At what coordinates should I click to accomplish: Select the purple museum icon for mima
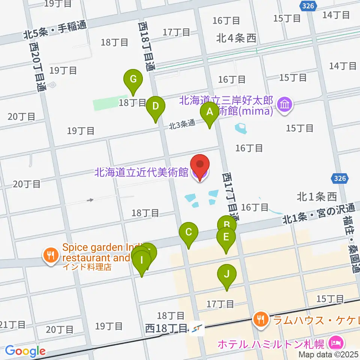[x=285, y=104]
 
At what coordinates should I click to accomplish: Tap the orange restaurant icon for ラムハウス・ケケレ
[x=260, y=320]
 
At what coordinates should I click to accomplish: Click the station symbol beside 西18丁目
[x=195, y=329]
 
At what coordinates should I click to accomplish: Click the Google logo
[x=25, y=351]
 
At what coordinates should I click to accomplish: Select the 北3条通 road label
[x=182, y=125]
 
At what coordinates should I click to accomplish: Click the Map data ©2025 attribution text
[x=328, y=354]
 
